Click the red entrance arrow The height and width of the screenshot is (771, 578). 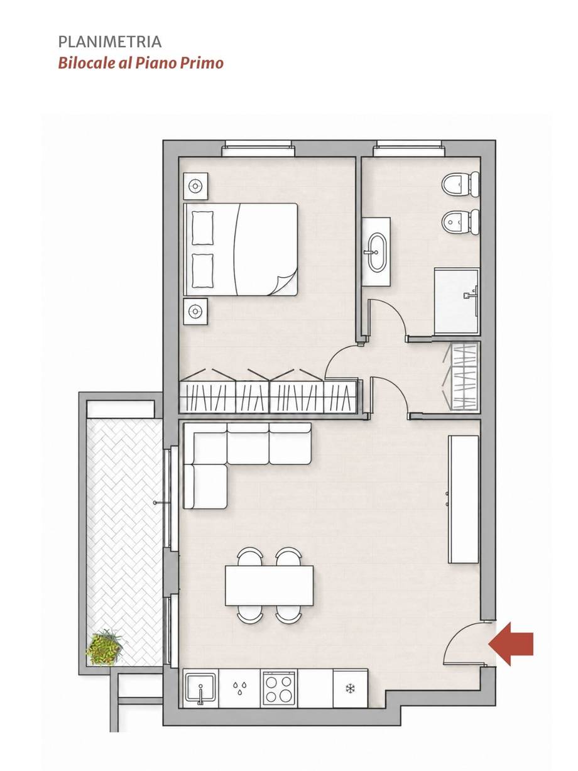coord(511,644)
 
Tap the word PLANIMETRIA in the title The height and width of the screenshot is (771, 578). coord(110,42)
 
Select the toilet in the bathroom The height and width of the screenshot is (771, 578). coord(461,184)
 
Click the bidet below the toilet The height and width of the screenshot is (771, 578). coord(461,222)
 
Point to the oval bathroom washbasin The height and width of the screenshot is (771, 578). coord(377,251)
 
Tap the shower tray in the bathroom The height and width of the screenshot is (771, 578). coord(457,301)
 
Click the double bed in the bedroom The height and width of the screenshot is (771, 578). coord(241,249)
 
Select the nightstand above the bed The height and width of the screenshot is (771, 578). coord(195,186)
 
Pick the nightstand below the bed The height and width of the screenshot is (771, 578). coord(195,311)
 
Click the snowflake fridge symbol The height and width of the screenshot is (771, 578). coord(350,689)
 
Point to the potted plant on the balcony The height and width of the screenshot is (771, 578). coord(105,647)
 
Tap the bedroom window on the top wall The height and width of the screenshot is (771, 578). coord(258,148)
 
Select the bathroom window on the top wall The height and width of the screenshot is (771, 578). coord(409,148)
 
